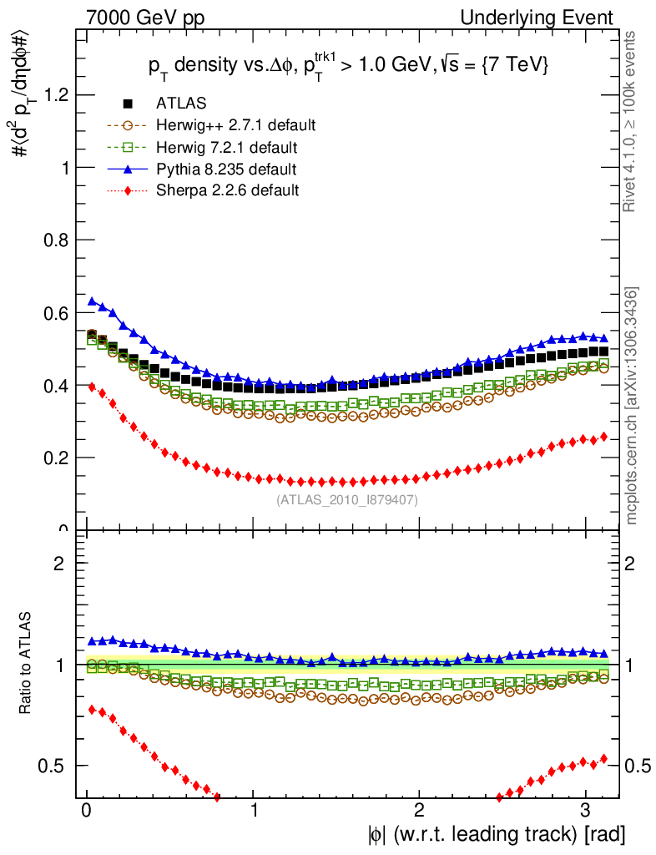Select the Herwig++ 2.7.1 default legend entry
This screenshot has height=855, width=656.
235,126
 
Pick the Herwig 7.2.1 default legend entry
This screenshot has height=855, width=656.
227,148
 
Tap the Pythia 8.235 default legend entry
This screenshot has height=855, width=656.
226,169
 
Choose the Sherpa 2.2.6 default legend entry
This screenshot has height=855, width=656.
227,190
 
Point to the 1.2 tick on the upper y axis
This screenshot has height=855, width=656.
55,95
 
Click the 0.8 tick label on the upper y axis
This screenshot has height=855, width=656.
55,240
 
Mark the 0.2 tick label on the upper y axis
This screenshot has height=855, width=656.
55,458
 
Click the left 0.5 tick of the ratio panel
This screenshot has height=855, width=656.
55,766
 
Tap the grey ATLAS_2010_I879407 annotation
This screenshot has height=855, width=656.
346,500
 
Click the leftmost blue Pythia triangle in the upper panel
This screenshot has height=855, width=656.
93,301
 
